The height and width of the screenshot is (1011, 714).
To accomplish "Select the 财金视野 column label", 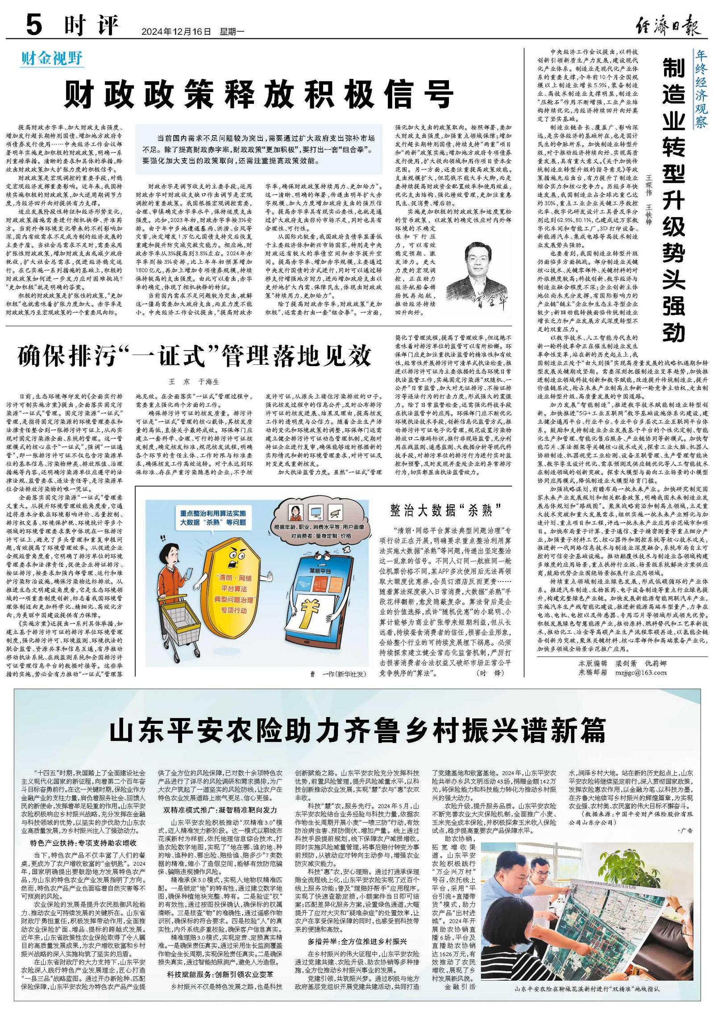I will pyautogui.click(x=52, y=58).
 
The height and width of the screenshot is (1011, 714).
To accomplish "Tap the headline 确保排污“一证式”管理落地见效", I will pyautogui.click(x=195, y=356).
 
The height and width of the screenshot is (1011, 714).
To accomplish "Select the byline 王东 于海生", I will pyautogui.click(x=194, y=382).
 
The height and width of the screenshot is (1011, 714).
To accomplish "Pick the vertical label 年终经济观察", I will pyautogui.click(x=701, y=89).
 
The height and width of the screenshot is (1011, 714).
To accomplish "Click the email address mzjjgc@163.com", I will pyautogui.click(x=640, y=673).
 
